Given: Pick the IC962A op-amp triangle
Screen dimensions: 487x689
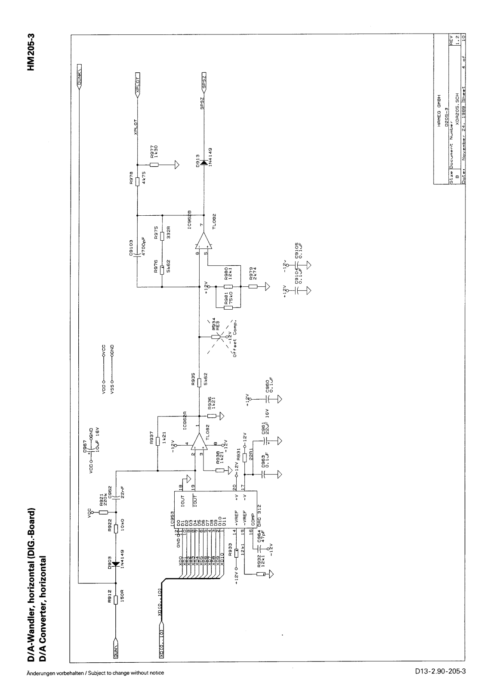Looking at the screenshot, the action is [199, 443].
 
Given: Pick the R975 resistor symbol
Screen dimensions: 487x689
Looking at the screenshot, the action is [162, 236].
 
